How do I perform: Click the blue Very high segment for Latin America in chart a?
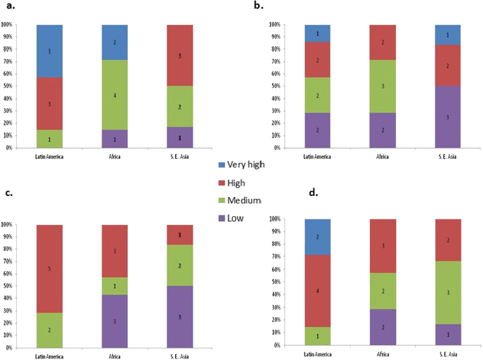point(50,51)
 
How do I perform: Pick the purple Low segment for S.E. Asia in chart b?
point(446,116)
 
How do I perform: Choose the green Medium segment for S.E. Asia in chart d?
point(446,293)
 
